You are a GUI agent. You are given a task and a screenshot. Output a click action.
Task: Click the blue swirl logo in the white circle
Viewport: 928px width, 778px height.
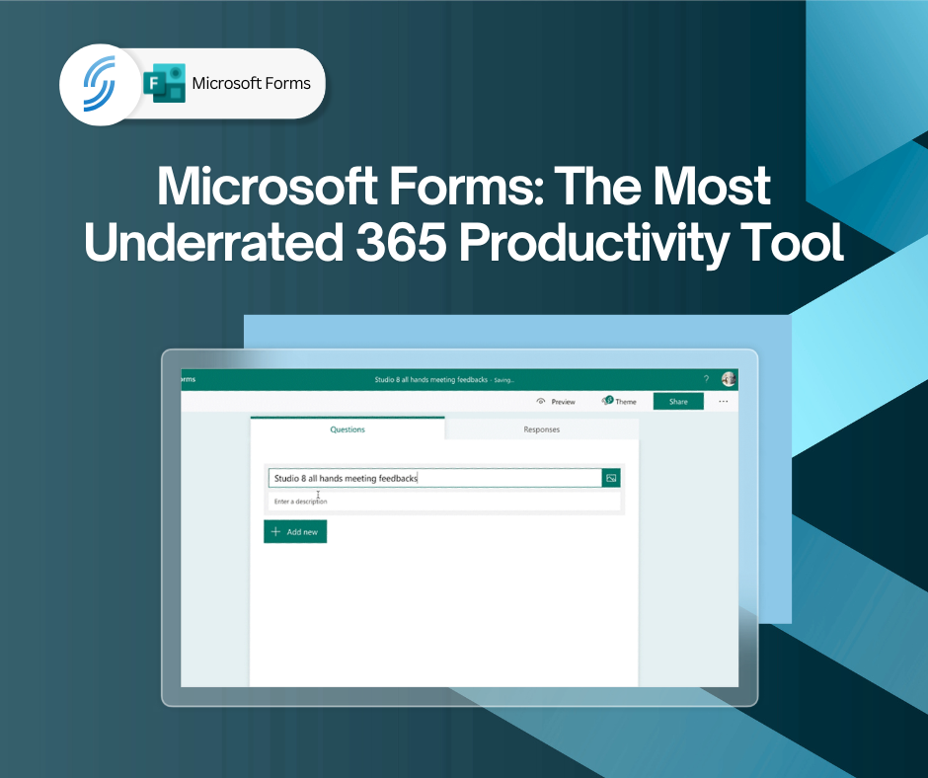coord(100,84)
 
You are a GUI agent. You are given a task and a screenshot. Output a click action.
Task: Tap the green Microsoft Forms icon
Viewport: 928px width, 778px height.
coord(165,83)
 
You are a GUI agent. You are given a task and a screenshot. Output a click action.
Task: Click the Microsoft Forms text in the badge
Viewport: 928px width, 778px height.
coord(251,84)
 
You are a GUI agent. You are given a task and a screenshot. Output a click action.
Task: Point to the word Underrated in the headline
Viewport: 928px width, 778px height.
coord(213,242)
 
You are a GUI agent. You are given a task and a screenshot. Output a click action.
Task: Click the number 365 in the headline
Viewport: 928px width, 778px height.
coord(401,242)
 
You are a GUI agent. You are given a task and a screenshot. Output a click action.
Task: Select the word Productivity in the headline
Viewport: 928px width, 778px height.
coord(593,243)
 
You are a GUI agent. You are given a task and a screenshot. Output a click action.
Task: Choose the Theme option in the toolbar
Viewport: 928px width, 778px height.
coord(619,401)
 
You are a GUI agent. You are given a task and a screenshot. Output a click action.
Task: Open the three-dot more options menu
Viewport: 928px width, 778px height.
coord(724,401)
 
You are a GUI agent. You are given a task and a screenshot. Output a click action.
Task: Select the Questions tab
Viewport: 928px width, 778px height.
coord(348,429)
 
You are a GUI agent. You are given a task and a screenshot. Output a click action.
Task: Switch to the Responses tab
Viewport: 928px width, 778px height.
coord(542,429)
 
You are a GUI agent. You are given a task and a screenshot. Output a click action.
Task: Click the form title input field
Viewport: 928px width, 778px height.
coord(435,478)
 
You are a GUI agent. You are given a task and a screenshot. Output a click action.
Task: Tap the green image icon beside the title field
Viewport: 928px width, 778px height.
coord(611,478)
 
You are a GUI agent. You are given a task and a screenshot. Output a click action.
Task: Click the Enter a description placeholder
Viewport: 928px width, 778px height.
coord(301,502)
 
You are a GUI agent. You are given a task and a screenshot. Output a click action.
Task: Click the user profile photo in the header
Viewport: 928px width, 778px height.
coord(729,379)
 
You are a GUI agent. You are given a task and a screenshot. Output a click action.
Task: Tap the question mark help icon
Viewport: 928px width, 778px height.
coord(706,379)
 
